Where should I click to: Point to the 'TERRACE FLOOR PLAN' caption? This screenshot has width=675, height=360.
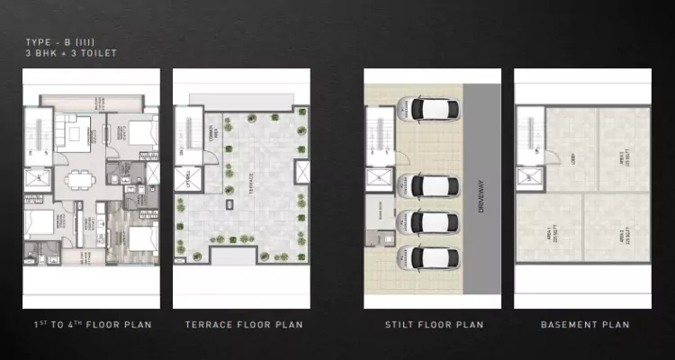(243, 325)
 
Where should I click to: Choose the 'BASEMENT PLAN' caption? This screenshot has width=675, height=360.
(584, 325)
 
